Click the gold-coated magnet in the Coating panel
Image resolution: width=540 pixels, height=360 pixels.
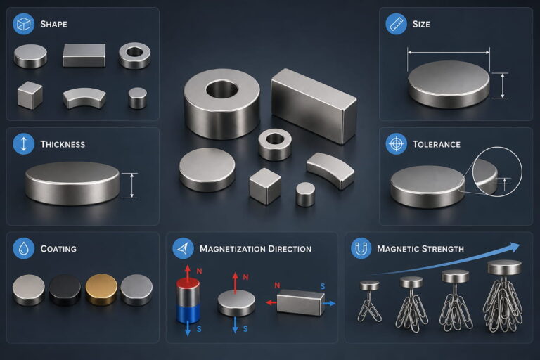click(101, 290)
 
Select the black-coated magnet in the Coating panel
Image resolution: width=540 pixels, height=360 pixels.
click(65, 290)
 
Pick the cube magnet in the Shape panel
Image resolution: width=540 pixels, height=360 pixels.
click(30, 96)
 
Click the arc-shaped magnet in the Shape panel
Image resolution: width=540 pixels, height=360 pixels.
click(84, 98)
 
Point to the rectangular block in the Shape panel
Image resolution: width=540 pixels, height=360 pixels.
click(84, 55)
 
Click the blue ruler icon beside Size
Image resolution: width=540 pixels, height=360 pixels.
click(396, 24)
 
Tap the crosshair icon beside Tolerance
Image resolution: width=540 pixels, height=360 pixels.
click(396, 143)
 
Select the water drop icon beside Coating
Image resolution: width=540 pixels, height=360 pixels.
click(23, 248)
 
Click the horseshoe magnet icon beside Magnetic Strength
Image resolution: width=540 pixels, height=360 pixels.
click(361, 248)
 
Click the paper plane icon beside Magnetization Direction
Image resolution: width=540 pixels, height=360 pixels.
click(183, 248)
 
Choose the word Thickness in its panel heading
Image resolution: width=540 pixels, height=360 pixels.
click(63, 144)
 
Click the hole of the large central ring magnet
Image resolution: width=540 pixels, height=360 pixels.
click(221, 89)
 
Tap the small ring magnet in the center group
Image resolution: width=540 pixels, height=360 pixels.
click(275, 145)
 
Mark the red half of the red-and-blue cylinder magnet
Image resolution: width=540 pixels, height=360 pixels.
click(188, 292)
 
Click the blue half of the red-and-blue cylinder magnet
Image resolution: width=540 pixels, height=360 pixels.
click(188, 314)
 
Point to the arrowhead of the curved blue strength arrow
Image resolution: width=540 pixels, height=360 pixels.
click(514, 247)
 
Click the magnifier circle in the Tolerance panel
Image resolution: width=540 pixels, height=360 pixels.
click(497, 172)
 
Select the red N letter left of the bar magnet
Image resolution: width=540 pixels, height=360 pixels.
click(277, 285)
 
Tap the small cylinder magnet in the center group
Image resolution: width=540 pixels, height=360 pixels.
click(305, 195)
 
